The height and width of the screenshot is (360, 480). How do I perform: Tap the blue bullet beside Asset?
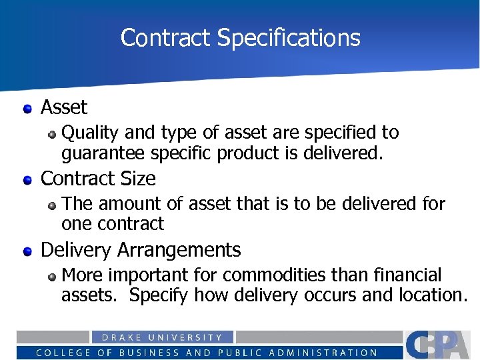click(x=27, y=108)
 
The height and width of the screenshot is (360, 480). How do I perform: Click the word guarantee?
click(x=103, y=153)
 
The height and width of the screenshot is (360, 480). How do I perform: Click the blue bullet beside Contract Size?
click(x=27, y=179)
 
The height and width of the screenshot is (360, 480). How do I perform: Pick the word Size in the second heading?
click(x=139, y=179)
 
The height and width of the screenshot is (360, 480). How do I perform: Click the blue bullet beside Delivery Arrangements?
click(x=27, y=251)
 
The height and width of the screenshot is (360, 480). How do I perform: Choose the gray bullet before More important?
click(x=53, y=276)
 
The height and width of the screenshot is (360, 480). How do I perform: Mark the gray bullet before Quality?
click(x=53, y=133)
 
